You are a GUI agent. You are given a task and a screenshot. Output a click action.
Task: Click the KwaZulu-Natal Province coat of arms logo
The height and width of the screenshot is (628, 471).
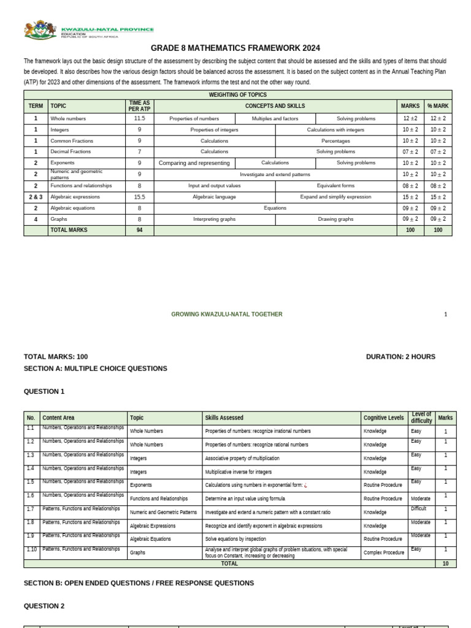pos(40,30)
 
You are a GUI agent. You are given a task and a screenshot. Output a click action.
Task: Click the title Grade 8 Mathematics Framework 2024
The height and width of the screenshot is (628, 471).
pos(235,48)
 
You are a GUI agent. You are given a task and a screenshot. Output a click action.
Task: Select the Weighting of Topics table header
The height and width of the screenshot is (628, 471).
pos(237,95)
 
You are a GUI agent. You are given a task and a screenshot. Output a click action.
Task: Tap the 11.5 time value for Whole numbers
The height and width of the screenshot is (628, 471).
pos(139,118)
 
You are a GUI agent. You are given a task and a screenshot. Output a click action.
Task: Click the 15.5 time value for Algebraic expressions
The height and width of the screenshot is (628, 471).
pos(139,197)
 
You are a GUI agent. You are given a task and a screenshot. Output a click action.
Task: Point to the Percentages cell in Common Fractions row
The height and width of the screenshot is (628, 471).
pos(335,141)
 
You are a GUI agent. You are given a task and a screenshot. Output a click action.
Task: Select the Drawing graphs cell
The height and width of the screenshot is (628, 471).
pos(335,219)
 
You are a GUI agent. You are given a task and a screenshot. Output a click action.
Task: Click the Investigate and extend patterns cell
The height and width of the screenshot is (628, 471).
pos(275,174)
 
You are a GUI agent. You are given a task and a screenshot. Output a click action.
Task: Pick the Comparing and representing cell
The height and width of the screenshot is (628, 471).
pos(194,163)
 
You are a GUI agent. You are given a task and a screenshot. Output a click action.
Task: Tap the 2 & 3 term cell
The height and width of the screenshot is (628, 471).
pos(36,197)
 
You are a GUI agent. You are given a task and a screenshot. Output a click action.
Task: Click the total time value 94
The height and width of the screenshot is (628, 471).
pos(139,230)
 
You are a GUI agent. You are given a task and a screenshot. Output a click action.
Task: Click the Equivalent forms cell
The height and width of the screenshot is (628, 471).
pos(335,185)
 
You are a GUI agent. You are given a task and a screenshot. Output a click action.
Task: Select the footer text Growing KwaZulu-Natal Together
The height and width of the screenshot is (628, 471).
pos(227,314)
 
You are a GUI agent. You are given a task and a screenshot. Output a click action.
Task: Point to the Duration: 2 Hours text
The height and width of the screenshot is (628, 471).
pos(400,356)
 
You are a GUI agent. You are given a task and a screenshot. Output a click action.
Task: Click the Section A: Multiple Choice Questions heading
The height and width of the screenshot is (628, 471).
pos(95,369)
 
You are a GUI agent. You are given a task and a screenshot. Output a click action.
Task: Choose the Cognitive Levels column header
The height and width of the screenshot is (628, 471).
pos(384,418)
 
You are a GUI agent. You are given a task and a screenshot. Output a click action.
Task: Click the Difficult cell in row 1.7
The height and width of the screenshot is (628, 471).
pos(419,509)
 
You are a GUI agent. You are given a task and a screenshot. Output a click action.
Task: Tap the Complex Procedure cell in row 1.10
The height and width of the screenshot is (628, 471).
pos(384,552)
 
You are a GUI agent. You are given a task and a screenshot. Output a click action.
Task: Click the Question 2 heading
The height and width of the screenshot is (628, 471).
pos(44,606)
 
